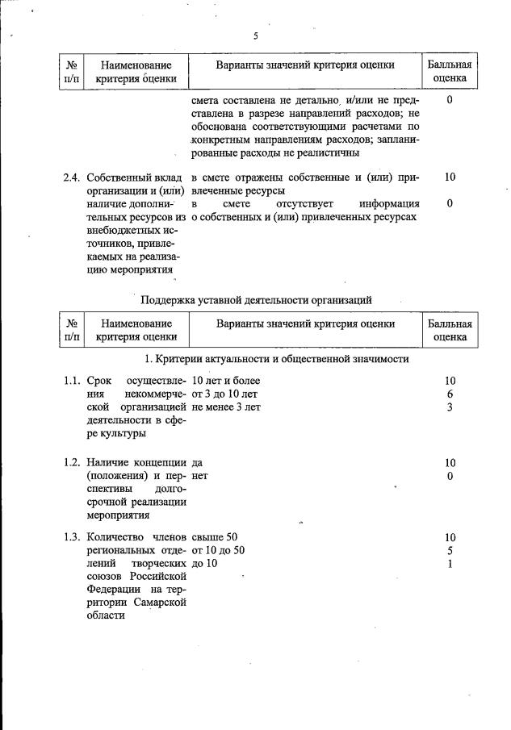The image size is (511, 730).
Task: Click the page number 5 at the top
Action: (255, 36)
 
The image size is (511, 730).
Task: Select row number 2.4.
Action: (72, 177)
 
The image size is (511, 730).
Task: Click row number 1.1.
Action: (72, 380)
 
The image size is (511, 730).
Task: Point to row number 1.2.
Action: (72, 463)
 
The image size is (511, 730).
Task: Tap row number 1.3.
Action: (72, 537)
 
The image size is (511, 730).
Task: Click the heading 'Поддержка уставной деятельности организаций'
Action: (256, 299)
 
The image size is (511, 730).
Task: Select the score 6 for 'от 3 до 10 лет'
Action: (450, 394)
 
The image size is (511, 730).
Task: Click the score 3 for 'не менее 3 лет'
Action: (450, 407)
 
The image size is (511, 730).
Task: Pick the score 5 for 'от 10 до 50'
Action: (450, 551)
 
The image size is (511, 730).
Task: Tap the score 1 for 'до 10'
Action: (450, 564)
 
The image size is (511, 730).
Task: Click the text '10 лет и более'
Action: (227, 380)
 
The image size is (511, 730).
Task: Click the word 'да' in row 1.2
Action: (198, 463)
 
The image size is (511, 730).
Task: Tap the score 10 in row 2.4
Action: (450, 177)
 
